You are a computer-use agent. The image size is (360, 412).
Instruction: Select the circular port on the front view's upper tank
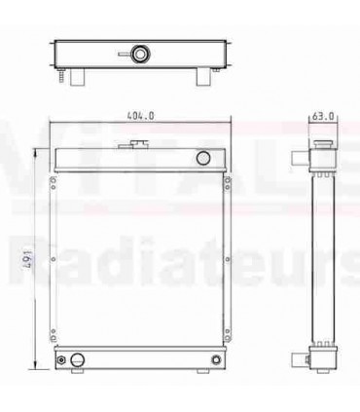[203, 158]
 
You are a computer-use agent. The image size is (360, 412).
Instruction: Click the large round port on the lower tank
[76, 360]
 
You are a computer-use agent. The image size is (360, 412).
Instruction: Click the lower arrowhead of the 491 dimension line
[37, 370]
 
